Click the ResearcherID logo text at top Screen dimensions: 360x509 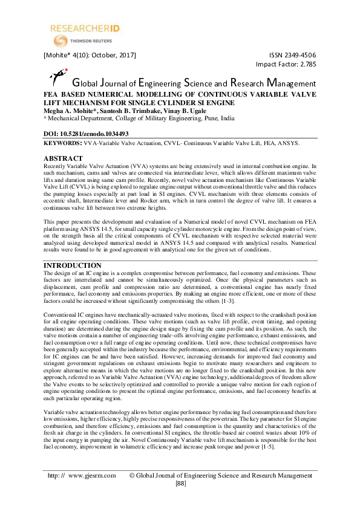point(83,28)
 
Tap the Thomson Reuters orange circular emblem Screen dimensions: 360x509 point(61,41)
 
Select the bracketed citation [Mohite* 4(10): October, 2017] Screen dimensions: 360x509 point(90,55)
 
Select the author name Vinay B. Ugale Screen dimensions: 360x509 point(172,111)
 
